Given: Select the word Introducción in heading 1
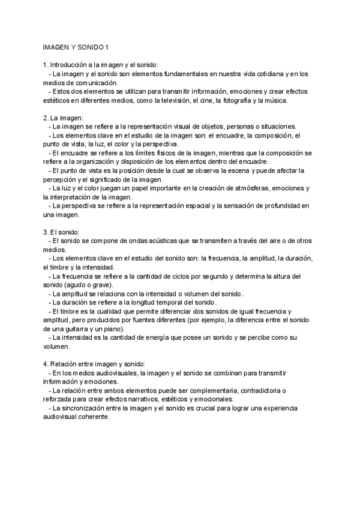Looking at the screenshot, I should pyautogui.click(x=71, y=65).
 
